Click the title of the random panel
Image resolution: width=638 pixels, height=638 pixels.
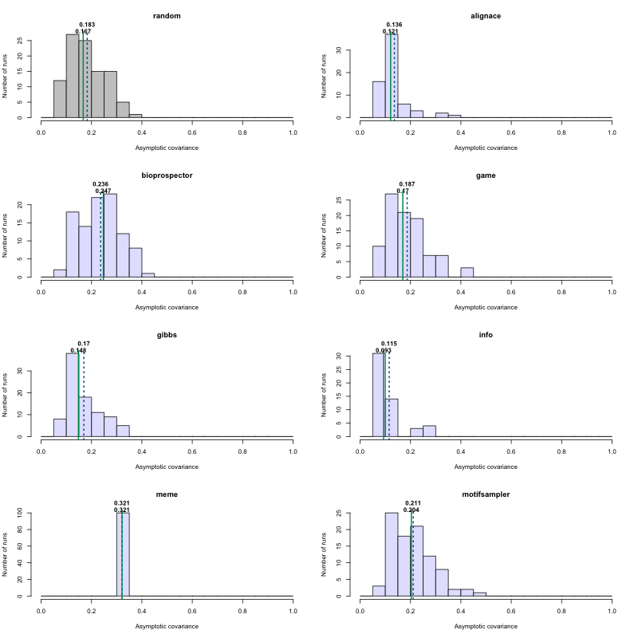coord(167,16)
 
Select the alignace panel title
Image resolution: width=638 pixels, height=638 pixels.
coord(486,16)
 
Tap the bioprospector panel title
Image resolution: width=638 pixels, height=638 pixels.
coord(167,175)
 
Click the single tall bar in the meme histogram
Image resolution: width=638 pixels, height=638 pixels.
coord(123,554)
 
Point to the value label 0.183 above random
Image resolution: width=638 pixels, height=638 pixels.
coord(87,25)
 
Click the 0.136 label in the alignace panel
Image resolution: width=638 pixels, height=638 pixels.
coord(394,25)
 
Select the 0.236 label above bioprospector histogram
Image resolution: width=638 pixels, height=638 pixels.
coord(100,184)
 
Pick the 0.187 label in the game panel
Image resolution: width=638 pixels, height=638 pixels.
coord(407,184)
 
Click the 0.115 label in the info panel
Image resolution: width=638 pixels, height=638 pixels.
coord(388,344)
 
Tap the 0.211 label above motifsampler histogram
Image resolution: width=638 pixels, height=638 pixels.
coord(412,503)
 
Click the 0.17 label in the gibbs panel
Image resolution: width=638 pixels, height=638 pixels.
coord(84,344)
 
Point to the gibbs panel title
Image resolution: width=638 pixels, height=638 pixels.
coord(167,335)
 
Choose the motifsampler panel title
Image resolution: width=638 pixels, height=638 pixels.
coord(486,494)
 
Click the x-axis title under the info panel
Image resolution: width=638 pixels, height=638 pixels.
coord(486,467)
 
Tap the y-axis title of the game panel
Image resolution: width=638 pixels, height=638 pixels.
coord(325,238)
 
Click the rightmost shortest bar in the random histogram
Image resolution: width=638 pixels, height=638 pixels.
coord(136,116)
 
